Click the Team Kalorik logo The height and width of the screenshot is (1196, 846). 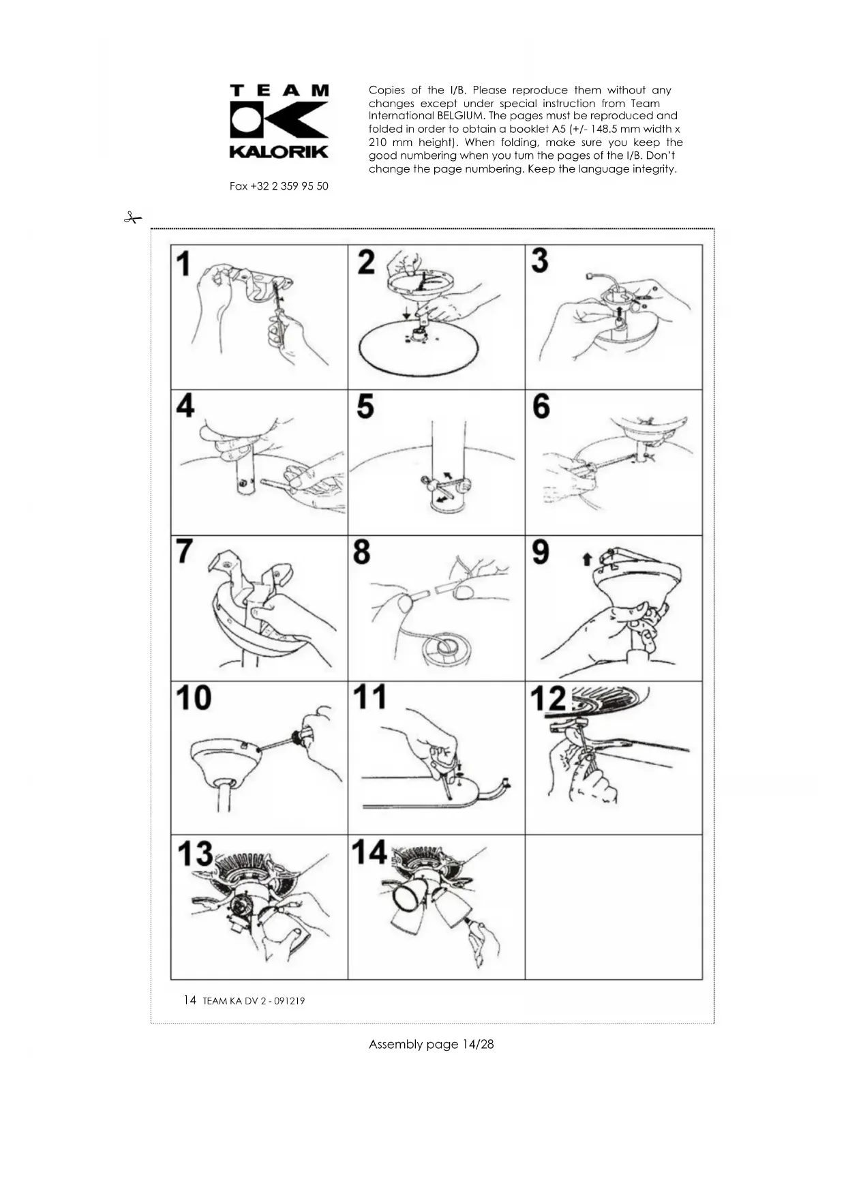point(280,121)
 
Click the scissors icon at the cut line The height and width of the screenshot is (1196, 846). point(132,218)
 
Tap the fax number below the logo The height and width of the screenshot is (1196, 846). point(279,186)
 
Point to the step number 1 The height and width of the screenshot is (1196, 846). point(183,264)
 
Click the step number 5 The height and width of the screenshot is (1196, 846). point(365,406)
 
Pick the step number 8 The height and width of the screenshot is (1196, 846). point(362,552)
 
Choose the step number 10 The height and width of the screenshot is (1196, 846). point(194,698)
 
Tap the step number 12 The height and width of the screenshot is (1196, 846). point(549,698)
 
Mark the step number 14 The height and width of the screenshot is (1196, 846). point(369,852)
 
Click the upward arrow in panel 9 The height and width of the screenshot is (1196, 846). point(586,560)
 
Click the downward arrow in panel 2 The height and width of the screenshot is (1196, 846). point(406,312)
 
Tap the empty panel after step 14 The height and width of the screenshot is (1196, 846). point(614,907)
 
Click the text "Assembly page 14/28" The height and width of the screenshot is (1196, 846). point(431,1044)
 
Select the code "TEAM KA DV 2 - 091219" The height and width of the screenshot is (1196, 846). point(254,1001)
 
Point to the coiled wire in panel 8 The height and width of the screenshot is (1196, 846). point(444,647)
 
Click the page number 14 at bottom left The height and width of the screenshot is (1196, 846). point(190,1000)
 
